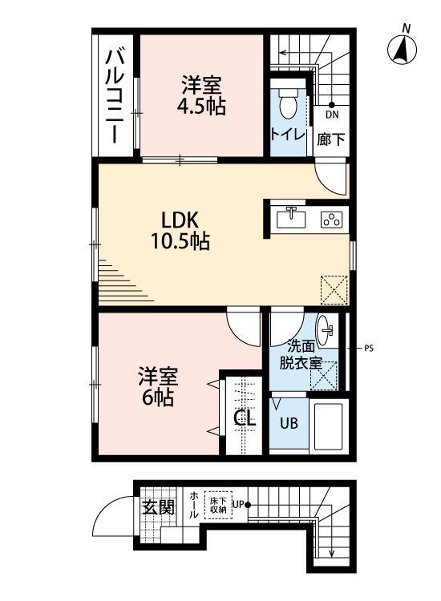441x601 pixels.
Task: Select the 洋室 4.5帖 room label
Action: click(201, 94)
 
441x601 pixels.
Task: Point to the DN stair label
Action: click(332, 115)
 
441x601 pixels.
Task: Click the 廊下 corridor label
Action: click(331, 138)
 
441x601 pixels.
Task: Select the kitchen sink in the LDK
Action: click(291, 218)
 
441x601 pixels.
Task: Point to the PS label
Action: click(368, 349)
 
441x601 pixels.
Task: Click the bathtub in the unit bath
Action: click(330, 426)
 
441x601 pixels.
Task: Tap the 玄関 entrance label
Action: click(158, 506)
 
